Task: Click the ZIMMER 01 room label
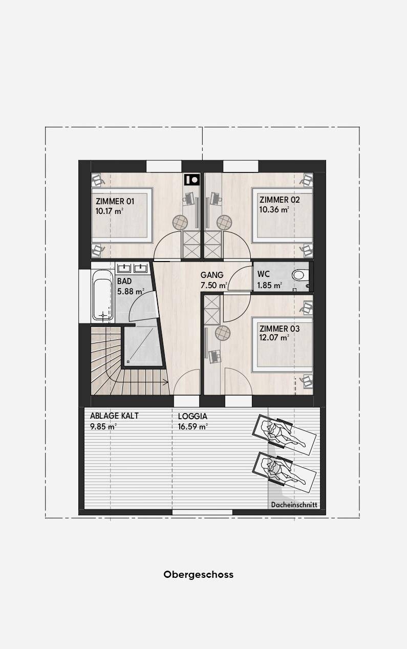click(115, 201)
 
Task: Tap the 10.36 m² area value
click(274, 209)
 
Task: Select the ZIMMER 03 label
click(280, 329)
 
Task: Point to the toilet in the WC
click(301, 275)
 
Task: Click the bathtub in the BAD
click(102, 295)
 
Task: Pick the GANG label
click(212, 275)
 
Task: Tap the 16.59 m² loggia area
click(193, 426)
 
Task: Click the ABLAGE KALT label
click(114, 416)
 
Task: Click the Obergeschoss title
click(198, 574)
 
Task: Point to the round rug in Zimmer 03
click(223, 333)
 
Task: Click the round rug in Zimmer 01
click(180, 222)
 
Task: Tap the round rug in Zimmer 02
click(224, 222)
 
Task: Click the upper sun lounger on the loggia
click(284, 435)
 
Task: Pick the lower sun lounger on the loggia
click(284, 472)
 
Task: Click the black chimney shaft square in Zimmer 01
click(192, 180)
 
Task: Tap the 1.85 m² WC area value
click(270, 286)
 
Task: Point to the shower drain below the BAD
click(128, 361)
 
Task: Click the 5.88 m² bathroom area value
click(131, 291)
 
